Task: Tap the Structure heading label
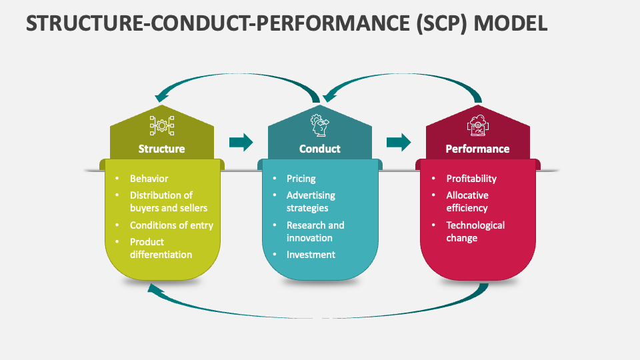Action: point(161,149)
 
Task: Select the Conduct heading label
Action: point(320,149)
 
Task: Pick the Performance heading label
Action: point(477,149)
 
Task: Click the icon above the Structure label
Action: point(161,125)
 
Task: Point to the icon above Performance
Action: point(477,125)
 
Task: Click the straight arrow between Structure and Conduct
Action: point(241,142)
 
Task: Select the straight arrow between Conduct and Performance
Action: point(399,142)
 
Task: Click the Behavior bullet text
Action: point(149,179)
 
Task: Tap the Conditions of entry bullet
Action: point(171,225)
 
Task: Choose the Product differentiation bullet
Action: point(161,248)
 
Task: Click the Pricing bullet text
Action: point(301,179)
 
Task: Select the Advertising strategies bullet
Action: point(311,202)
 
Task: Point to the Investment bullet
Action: point(311,255)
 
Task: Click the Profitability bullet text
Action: point(471,179)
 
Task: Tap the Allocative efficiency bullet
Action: point(467,202)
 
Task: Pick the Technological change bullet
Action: point(475,231)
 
